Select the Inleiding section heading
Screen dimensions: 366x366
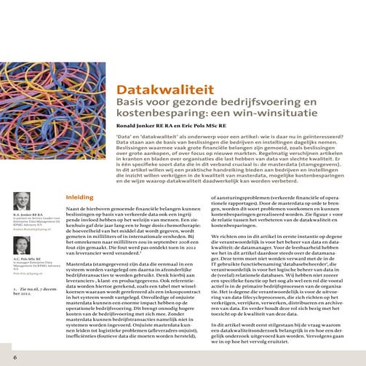pyautogui.click(x=79, y=197)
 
